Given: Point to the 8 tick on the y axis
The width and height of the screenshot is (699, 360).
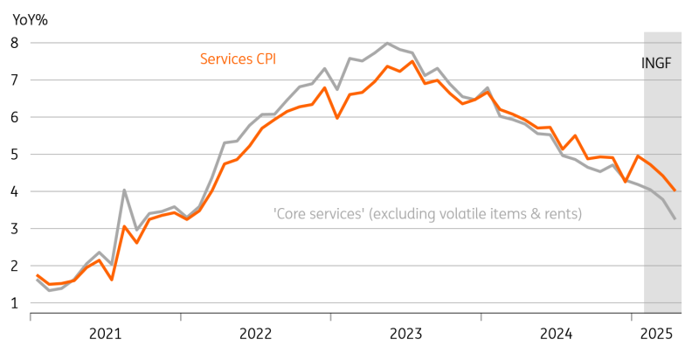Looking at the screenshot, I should (15, 43).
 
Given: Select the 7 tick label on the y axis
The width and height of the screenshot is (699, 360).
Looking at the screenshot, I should (15, 80).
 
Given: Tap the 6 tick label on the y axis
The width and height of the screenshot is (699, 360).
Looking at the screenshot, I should (15, 117).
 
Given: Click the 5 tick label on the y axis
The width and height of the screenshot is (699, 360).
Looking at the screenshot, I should (15, 155).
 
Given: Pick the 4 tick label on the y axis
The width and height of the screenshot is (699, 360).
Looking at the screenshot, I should (15, 191).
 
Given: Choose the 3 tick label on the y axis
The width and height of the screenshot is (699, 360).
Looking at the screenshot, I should (15, 229).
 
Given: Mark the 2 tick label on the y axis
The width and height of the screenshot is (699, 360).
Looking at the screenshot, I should (15, 266).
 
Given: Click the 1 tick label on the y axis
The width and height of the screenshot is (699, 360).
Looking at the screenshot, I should (15, 303).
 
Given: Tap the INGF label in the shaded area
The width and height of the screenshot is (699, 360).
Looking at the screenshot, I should (661, 63).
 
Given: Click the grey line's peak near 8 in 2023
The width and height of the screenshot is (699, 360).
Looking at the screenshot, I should (388, 43).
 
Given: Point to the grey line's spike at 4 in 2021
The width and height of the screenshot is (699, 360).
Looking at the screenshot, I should (125, 190).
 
